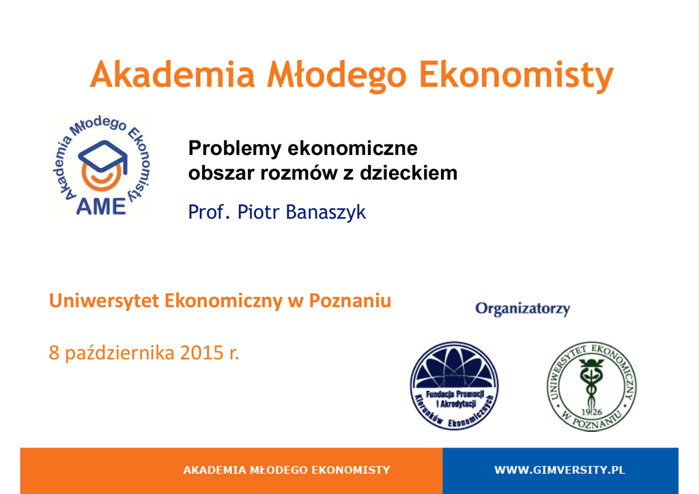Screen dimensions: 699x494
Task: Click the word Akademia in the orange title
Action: click(x=172, y=74)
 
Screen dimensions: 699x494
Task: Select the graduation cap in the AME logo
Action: click(x=103, y=156)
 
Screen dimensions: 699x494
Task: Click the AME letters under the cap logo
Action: click(x=101, y=206)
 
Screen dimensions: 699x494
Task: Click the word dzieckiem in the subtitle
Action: click(x=408, y=173)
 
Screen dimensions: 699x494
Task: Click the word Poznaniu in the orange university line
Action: click(x=350, y=301)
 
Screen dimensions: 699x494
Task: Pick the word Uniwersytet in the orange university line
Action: click(x=104, y=302)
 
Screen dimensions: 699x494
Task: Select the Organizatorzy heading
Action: click(x=522, y=308)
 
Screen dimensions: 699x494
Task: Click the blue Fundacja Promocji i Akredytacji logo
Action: click(x=454, y=386)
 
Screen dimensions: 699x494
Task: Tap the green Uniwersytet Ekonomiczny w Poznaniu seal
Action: click(x=591, y=387)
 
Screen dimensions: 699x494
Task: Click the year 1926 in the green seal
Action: click(x=591, y=412)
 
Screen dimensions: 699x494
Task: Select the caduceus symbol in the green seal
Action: click(x=591, y=381)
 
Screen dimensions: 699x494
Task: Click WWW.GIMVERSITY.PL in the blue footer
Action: click(x=560, y=470)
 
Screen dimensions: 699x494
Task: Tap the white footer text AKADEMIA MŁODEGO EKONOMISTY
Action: click(x=287, y=470)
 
